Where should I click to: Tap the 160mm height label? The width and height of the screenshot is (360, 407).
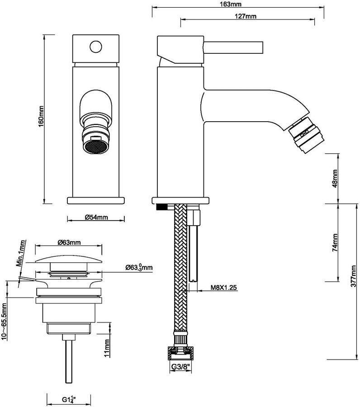pyautogui.click(x=41, y=117)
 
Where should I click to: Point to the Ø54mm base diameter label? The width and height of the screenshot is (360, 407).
pyautogui.click(x=96, y=217)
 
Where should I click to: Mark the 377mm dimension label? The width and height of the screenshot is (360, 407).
pyautogui.click(x=353, y=276)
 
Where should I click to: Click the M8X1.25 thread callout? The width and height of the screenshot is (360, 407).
pyautogui.click(x=224, y=287)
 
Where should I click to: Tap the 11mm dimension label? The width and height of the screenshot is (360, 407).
pyautogui.click(x=107, y=347)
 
